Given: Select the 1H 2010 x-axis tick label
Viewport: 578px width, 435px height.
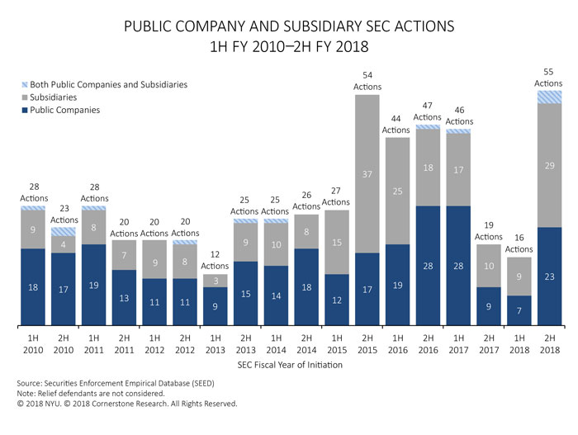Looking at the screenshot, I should tap(32, 343).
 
